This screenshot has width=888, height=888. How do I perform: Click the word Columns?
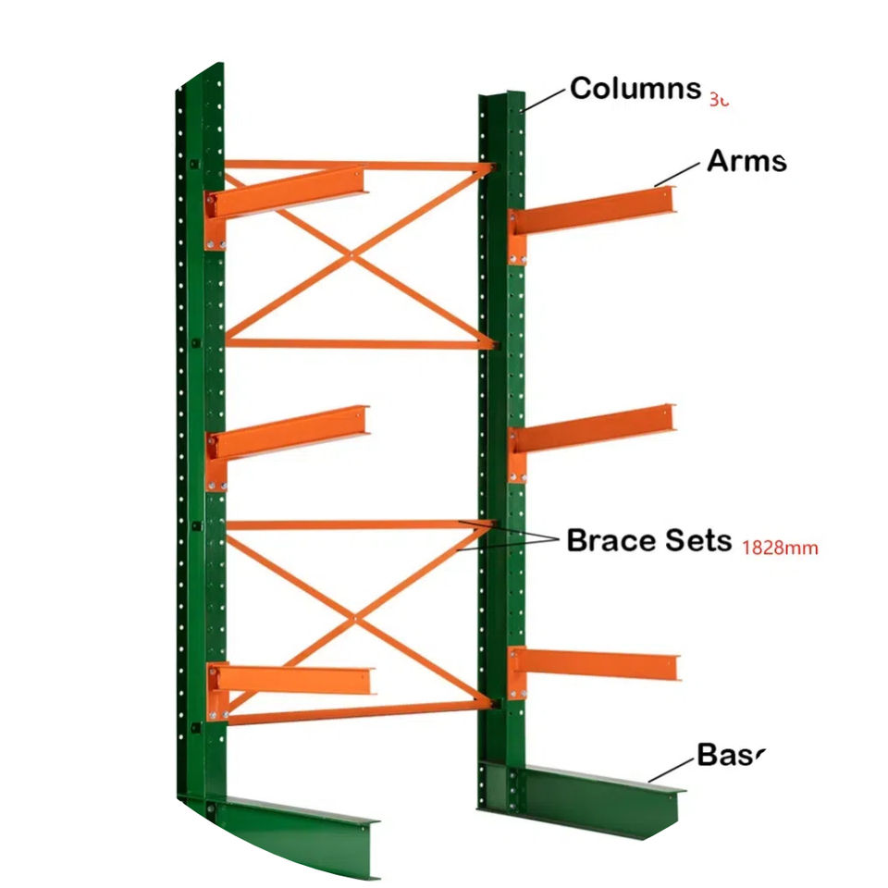tap(635, 89)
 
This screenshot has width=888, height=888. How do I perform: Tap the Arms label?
tap(746, 161)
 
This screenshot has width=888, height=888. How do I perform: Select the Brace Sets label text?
tap(648, 540)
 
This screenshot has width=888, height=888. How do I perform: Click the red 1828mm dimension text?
tap(780, 547)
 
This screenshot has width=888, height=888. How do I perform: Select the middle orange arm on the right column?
tap(597, 427)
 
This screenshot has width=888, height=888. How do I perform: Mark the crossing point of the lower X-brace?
tap(354, 617)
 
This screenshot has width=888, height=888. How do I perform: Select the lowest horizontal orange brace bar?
tap(361, 712)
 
